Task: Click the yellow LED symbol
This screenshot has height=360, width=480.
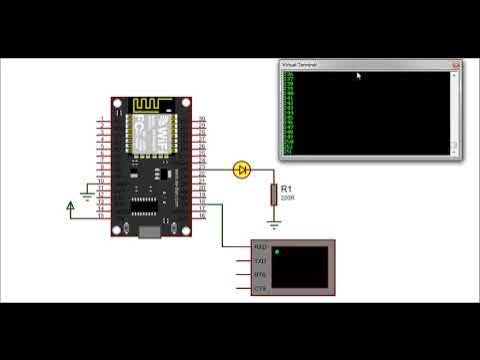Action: click(241, 170)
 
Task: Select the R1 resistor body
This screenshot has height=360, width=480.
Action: click(273, 194)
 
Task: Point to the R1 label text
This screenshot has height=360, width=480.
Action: click(286, 188)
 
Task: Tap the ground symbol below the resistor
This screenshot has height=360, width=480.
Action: click(273, 224)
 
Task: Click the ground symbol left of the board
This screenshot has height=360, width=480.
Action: click(87, 196)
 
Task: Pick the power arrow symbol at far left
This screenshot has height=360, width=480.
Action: click(70, 207)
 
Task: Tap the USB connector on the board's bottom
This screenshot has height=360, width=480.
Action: click(150, 233)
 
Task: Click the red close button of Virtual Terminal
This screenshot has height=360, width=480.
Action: click(455, 65)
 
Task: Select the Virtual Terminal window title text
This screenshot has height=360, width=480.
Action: click(301, 65)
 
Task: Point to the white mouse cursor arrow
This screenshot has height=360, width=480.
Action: click(359, 75)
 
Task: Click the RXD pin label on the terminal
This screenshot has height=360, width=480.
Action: click(261, 247)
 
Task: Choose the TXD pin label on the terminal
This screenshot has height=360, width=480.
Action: click(261, 261)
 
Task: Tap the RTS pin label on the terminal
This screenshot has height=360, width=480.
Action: click(261, 275)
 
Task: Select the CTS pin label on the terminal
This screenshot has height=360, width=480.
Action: click(261, 289)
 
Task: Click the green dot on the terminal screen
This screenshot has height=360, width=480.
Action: click(277, 252)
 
